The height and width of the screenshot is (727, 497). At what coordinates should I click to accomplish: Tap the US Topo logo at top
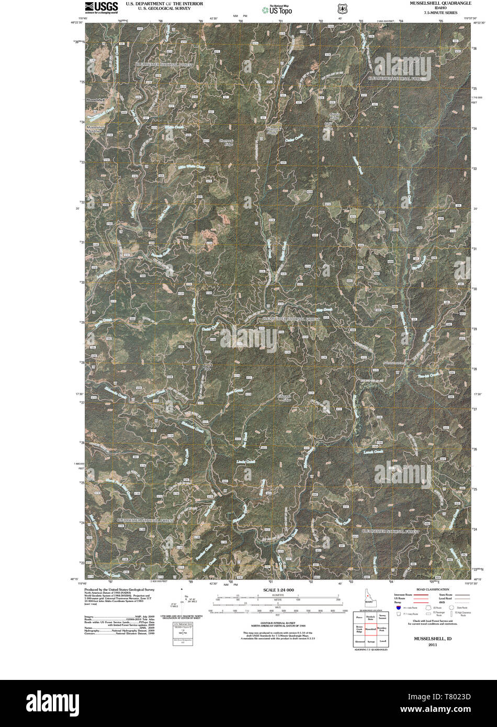[277, 9]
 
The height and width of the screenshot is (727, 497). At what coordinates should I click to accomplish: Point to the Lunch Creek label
[374, 451]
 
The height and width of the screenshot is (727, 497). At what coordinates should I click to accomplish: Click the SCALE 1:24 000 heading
[275, 590]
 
